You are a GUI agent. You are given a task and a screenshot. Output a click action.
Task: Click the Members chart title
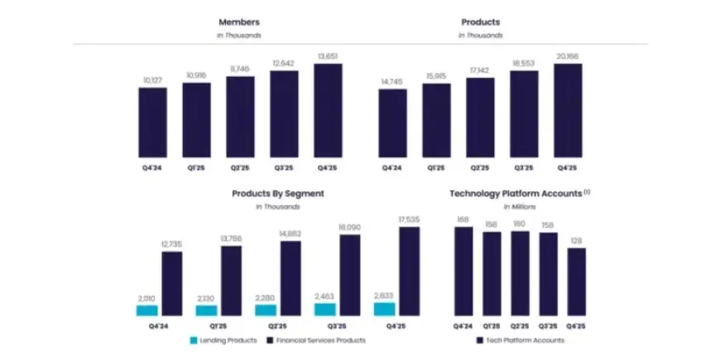click(x=239, y=22)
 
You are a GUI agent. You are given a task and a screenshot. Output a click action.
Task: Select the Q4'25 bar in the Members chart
click(x=328, y=111)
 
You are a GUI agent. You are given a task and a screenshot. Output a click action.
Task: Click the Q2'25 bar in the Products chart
click(x=479, y=118)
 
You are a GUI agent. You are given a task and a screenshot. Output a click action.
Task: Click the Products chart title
click(x=480, y=22)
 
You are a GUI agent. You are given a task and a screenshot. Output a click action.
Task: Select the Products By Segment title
click(x=277, y=193)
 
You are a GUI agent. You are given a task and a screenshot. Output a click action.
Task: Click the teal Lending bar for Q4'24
click(x=147, y=310)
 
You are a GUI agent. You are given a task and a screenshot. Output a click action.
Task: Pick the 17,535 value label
click(x=410, y=219)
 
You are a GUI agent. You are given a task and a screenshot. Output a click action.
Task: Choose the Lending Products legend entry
click(x=223, y=340)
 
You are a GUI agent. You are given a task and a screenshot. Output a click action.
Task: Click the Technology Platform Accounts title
click(x=519, y=193)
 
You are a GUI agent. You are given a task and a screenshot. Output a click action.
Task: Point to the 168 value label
click(x=463, y=219)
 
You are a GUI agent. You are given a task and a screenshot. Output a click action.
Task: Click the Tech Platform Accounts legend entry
click(x=521, y=340)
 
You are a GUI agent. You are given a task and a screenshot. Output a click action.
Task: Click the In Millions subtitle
click(x=519, y=206)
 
